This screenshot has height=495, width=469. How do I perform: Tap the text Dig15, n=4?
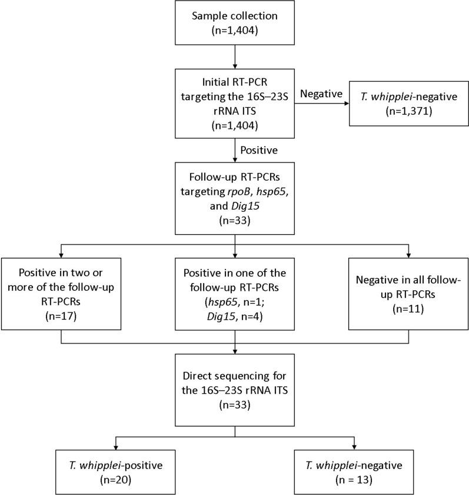(235, 330)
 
